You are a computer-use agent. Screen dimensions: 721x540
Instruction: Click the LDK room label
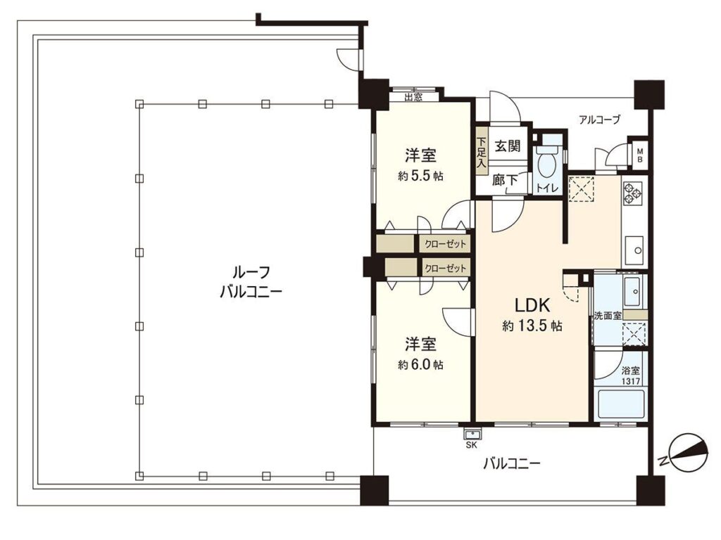coord(532,305)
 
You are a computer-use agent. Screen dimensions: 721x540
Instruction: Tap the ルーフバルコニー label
coord(251,282)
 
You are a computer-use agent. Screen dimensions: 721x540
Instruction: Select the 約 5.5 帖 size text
coord(420,176)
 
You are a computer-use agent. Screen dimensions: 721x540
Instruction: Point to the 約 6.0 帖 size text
coord(420,365)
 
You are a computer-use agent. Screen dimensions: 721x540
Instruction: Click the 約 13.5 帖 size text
coord(532,326)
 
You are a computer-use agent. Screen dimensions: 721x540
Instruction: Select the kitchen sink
coord(635,250)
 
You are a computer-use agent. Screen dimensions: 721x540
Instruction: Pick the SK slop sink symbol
coord(472,434)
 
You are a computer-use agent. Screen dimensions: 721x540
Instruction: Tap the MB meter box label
coord(639,155)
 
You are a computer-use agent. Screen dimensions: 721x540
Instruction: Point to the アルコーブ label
coord(600,120)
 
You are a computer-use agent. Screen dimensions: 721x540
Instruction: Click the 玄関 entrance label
coord(508,146)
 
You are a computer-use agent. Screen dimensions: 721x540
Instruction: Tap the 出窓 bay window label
coord(413,97)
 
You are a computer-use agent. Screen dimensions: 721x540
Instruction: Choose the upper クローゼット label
coord(445,244)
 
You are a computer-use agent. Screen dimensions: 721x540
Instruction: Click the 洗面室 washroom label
coord(608,316)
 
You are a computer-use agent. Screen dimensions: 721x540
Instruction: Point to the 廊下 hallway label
coord(505,180)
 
